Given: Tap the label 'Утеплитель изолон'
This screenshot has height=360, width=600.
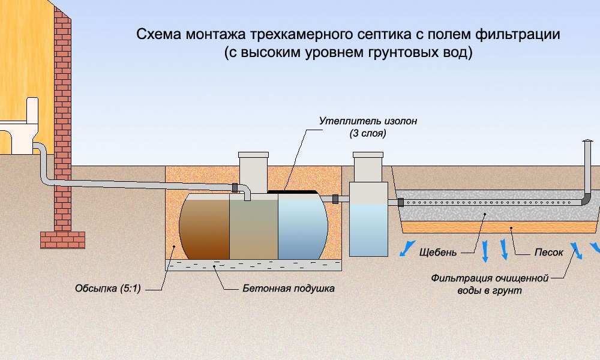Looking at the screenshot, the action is (368, 121).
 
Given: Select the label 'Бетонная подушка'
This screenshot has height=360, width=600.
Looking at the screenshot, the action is (289, 288).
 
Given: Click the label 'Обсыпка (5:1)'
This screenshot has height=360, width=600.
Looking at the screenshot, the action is (108, 288).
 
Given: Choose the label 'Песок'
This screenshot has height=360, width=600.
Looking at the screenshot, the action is (549, 253).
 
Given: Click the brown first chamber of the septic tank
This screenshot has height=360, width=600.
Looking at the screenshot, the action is (205, 226).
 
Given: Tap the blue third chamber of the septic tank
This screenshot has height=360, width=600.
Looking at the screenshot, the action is (302, 226).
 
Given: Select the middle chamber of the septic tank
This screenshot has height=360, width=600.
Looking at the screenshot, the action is (254, 226).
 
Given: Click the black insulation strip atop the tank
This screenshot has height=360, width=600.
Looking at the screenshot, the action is (292, 191).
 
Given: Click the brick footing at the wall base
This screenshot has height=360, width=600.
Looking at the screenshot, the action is (63, 240).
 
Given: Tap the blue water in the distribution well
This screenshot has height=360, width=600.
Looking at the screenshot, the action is (368, 230).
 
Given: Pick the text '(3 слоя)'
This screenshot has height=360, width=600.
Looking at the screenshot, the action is (368, 134).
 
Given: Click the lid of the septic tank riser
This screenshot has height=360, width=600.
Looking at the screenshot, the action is (253, 155).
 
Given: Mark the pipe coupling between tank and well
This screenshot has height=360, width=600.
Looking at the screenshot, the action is (335, 199).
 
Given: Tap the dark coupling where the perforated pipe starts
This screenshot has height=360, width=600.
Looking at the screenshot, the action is (401, 202).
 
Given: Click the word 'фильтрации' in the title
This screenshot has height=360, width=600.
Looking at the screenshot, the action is (518, 34).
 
